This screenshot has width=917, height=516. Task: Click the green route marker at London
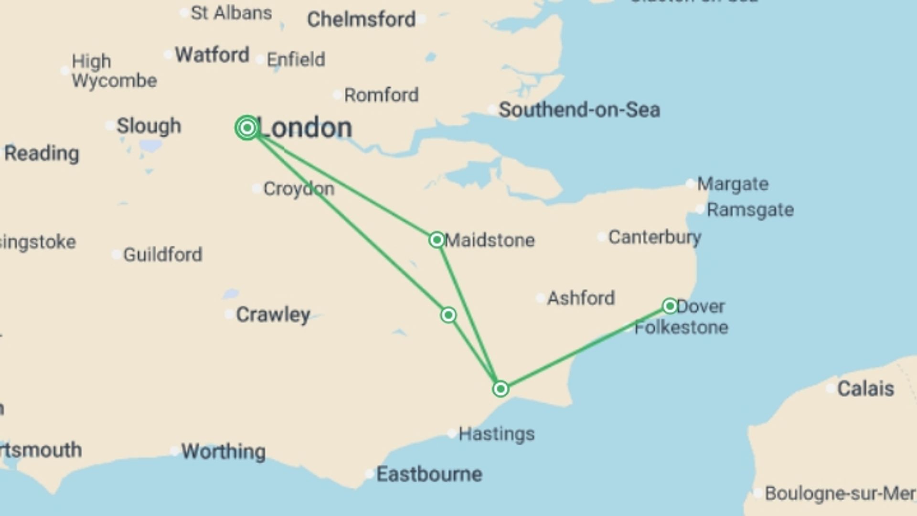click(x=247, y=128)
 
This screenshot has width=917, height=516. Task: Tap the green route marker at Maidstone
click(x=437, y=239)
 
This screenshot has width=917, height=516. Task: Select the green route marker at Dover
click(x=670, y=306)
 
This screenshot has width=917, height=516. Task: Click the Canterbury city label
click(x=654, y=237)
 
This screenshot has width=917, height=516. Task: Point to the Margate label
click(x=733, y=184)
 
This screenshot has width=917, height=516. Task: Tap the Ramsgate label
click(x=750, y=210)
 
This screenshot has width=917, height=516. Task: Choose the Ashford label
click(x=580, y=298)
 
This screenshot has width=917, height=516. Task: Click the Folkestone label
click(x=681, y=328)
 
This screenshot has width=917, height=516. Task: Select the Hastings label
click(x=496, y=434)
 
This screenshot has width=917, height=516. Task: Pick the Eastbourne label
click(x=429, y=474)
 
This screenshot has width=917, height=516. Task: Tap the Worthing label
click(x=223, y=451)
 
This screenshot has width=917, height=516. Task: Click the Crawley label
click(x=273, y=314)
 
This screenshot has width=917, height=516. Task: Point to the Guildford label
click(x=162, y=255)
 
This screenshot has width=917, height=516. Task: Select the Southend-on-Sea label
click(x=579, y=110)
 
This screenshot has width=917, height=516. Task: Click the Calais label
click(x=865, y=388)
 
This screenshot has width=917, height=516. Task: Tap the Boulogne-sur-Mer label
click(x=840, y=493)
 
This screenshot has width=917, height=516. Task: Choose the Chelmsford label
click(x=361, y=20)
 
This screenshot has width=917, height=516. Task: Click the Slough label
click(x=149, y=126)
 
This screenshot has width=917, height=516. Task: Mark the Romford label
click(x=381, y=95)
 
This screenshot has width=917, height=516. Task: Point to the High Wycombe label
click(x=114, y=71)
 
